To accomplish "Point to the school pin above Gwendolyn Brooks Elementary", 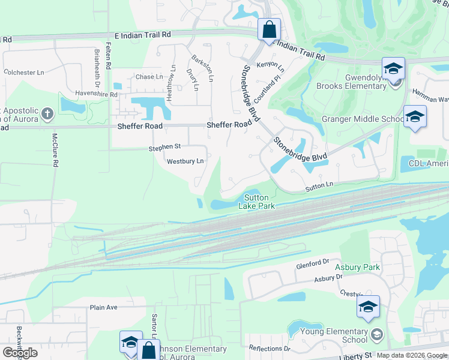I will [394, 68].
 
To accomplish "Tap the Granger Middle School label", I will [363, 119].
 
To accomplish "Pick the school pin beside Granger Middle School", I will [415, 116].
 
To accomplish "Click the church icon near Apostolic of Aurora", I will [48, 113].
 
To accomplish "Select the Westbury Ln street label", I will [185, 161].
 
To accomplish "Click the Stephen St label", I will [165, 146].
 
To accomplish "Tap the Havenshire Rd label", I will [96, 94].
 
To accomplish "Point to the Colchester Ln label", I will [24, 72].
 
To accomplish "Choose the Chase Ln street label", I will [149, 77].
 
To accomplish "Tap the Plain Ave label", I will [103, 307].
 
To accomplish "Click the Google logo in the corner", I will [20, 352].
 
